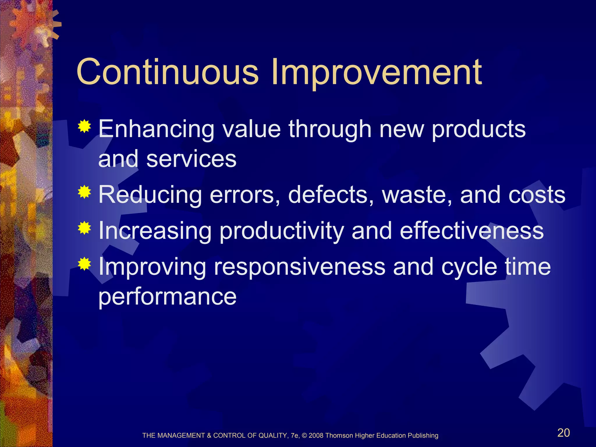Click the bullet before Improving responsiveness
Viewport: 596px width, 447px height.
point(84,264)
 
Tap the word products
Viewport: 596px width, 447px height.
point(479,130)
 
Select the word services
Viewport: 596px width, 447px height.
point(191,159)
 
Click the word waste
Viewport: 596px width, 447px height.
point(417,195)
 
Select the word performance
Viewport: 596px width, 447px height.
point(167,297)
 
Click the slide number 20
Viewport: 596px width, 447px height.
point(563,433)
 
